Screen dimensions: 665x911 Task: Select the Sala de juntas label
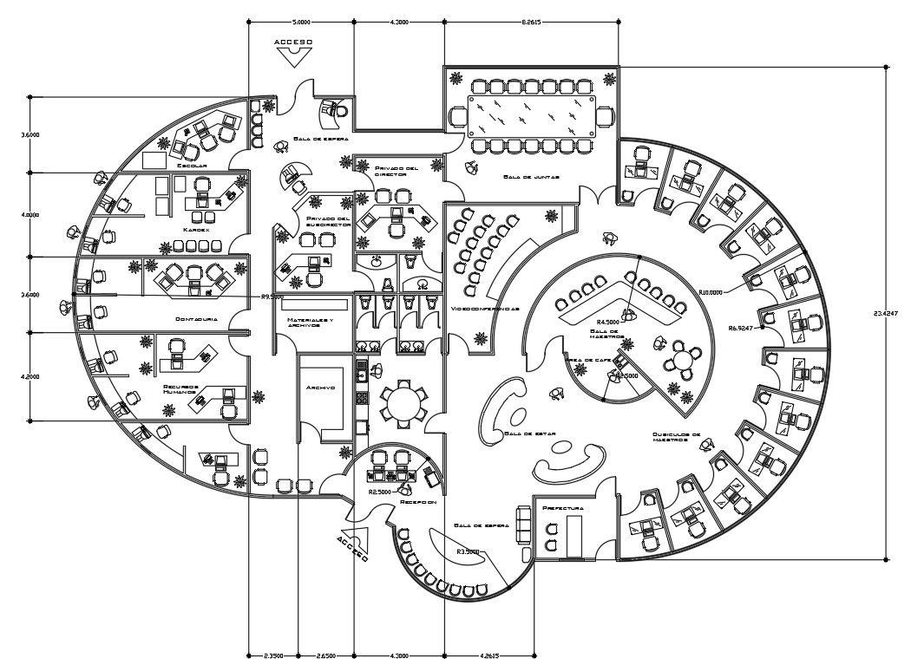529,177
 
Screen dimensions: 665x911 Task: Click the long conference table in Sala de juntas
529,115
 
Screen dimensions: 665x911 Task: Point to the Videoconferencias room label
485,309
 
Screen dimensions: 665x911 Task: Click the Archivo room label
320,388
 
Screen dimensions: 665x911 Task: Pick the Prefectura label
562,507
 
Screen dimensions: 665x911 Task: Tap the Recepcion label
416,502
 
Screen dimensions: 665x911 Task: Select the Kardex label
195,229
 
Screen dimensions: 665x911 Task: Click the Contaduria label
195,320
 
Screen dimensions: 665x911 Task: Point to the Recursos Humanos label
180,389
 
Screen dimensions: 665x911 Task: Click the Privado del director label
397,171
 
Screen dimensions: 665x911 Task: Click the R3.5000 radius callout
469,551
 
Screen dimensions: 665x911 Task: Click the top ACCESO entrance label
292,42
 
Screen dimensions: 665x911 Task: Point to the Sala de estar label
529,433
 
